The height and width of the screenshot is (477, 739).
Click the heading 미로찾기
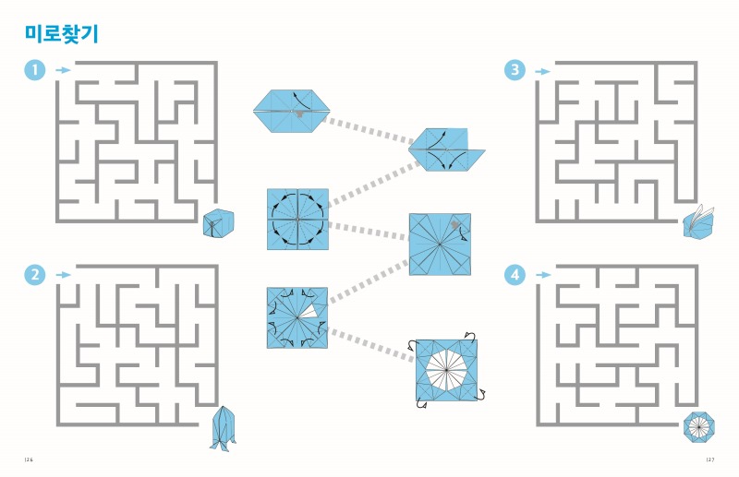62,34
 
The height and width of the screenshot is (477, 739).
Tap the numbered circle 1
35,70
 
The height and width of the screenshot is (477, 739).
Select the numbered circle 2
35,275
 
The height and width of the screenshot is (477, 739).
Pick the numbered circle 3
515,70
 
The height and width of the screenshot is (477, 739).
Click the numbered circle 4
515,275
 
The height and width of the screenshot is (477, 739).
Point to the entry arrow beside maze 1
63,70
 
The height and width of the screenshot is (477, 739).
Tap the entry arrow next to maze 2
63,275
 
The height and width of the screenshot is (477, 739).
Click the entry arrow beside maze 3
542,72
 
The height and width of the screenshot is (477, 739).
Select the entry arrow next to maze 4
542,275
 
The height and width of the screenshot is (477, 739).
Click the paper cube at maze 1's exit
218,222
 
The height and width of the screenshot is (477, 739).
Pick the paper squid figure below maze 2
223,428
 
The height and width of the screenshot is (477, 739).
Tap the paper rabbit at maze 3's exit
698,222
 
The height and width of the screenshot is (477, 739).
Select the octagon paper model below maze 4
699,426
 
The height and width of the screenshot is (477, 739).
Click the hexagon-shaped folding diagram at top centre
291,111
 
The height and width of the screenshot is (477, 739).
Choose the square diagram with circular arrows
297,220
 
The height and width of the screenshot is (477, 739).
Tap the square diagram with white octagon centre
446,370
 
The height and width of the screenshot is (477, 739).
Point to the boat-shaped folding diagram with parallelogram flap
446,149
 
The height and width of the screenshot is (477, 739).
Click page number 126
29,459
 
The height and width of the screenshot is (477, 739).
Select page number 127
710,459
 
